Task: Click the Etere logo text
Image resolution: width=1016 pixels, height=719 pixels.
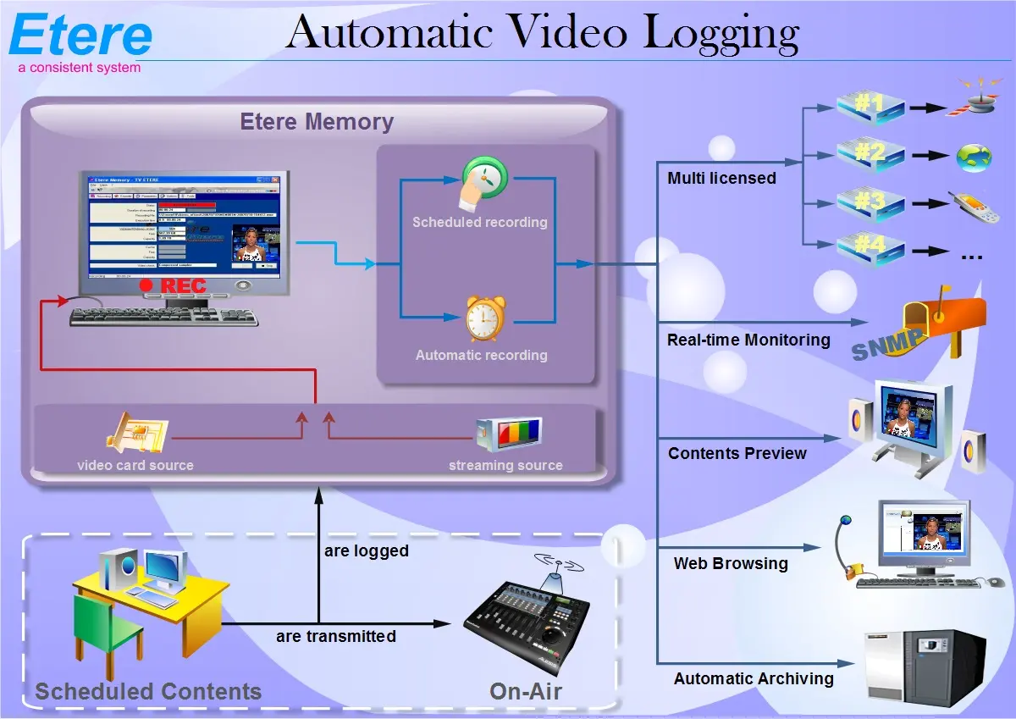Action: coord(81,36)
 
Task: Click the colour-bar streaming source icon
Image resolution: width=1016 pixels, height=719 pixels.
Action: coord(509,434)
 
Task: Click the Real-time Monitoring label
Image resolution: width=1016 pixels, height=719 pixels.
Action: coord(748,340)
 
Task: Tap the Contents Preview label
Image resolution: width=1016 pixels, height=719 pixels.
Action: coord(737,453)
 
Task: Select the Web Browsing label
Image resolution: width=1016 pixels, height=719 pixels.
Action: coord(731,563)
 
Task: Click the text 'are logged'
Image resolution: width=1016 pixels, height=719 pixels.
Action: coord(367,551)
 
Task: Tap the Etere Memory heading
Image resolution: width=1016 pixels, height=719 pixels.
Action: coord(317,122)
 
